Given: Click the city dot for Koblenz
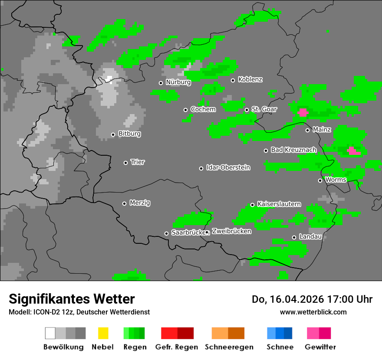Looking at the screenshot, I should [x=233, y=80].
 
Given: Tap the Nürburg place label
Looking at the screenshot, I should [x=178, y=82].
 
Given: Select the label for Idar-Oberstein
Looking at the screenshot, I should [x=228, y=167].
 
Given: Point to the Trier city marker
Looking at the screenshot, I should [x=125, y=163].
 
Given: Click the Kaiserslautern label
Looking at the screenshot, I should [x=279, y=204].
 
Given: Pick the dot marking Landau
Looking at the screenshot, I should [x=294, y=237].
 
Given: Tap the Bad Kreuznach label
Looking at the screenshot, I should [x=293, y=150].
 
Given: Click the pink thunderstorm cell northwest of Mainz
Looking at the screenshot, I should [x=303, y=112].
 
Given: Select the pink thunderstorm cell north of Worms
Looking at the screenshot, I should [x=353, y=151].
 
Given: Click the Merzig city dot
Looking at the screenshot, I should [x=124, y=203].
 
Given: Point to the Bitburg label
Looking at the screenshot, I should [x=129, y=134].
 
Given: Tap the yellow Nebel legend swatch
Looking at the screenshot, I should [x=103, y=333].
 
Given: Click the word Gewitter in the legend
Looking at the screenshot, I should [x=320, y=347].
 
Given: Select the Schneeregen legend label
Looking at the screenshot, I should [x=228, y=347].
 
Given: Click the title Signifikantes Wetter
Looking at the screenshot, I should [x=72, y=299].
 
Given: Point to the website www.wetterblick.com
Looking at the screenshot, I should [x=313, y=312].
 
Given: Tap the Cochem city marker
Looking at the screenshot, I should [x=185, y=110].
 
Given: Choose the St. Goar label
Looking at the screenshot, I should [x=264, y=109].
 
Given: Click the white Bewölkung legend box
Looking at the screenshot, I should [x=50, y=333].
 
